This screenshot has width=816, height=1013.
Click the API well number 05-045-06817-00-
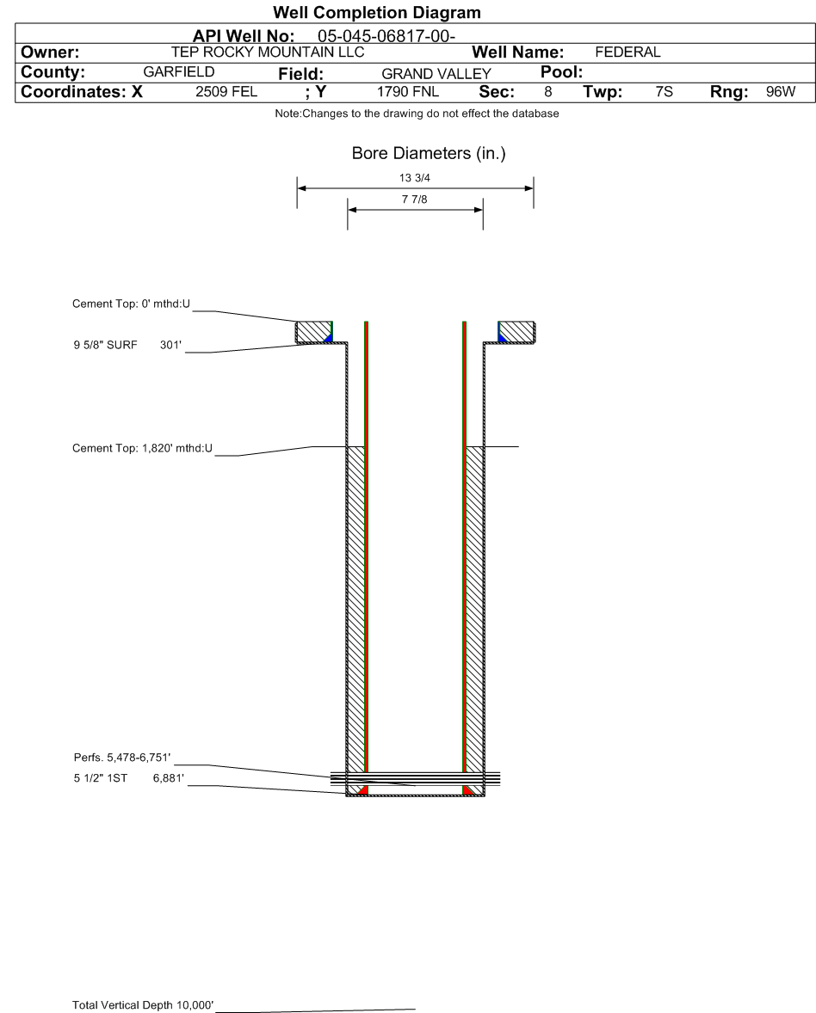click(386, 36)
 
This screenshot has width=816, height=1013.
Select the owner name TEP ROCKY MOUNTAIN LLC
click(268, 52)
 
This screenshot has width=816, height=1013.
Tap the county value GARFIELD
click(179, 71)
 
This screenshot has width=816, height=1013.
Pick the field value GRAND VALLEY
click(436, 74)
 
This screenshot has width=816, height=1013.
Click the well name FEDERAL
click(627, 52)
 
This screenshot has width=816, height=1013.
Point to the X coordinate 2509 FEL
click(226, 92)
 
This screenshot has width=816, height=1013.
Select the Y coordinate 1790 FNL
click(408, 92)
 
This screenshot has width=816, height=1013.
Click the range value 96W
click(781, 92)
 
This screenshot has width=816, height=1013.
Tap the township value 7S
click(664, 92)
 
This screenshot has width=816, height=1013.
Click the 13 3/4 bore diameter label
click(415, 178)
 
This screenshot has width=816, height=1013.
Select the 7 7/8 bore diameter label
click(415, 200)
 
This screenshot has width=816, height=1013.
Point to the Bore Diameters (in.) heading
click(429, 153)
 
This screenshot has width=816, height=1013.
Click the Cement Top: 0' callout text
click(131, 304)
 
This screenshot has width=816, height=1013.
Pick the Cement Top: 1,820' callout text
click(142, 448)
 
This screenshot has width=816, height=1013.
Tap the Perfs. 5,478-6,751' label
click(122, 757)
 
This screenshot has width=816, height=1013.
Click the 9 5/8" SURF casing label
click(105, 345)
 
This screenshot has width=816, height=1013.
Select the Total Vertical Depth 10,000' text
click(143, 1004)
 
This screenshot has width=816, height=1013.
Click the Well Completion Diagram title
click(377, 12)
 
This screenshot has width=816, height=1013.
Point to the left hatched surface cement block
click(313, 331)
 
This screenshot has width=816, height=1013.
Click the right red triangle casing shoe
click(467, 790)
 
